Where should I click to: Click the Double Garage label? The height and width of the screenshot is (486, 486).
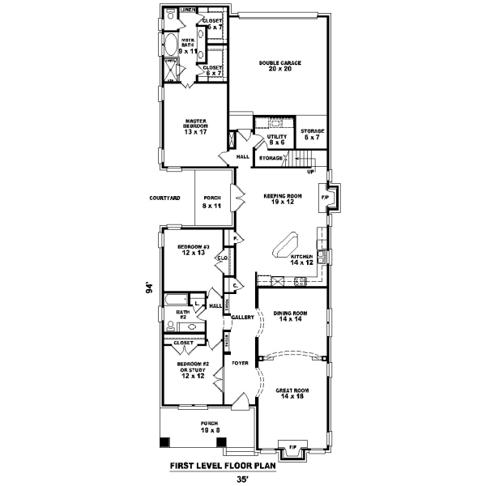tap(275, 66)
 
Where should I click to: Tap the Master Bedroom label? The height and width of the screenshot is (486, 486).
tap(196, 127)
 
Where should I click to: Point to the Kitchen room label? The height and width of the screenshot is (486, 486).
tap(301, 259)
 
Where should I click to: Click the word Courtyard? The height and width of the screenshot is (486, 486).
tap(164, 198)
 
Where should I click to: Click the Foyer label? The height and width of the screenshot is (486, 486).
tap(239, 363)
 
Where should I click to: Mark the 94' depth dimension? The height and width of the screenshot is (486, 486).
tap(150, 289)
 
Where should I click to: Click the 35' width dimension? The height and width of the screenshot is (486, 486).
tap(241, 479)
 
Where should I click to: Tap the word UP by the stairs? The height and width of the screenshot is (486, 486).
tap(309, 172)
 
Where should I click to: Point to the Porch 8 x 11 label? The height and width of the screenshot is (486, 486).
tap(213, 202)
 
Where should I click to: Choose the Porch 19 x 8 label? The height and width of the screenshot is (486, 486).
tap(210, 427)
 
